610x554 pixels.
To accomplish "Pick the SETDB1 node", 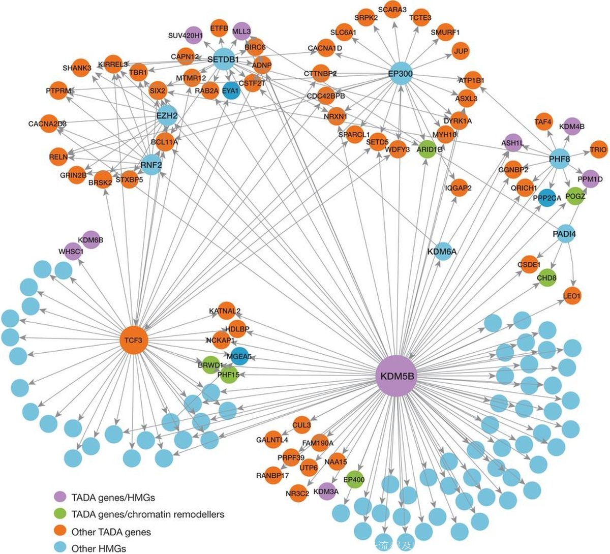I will (x=223, y=59).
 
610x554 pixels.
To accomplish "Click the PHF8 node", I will (x=559, y=160).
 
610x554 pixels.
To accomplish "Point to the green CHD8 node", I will (x=546, y=278).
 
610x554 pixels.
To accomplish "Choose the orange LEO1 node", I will (x=572, y=295).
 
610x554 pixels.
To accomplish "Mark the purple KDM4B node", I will (x=572, y=126).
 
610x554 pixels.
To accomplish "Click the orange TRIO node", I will (x=598, y=149).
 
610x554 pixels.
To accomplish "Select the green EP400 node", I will (x=354, y=479).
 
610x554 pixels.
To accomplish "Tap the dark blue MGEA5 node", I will (x=238, y=357).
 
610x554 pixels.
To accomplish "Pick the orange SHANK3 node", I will (x=80, y=68).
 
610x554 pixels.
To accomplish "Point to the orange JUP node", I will (x=461, y=51).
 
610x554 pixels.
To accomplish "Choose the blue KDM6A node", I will (x=442, y=251).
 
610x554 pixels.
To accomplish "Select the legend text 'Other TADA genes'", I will (x=111, y=532).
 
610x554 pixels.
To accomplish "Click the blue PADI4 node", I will (x=564, y=234).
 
